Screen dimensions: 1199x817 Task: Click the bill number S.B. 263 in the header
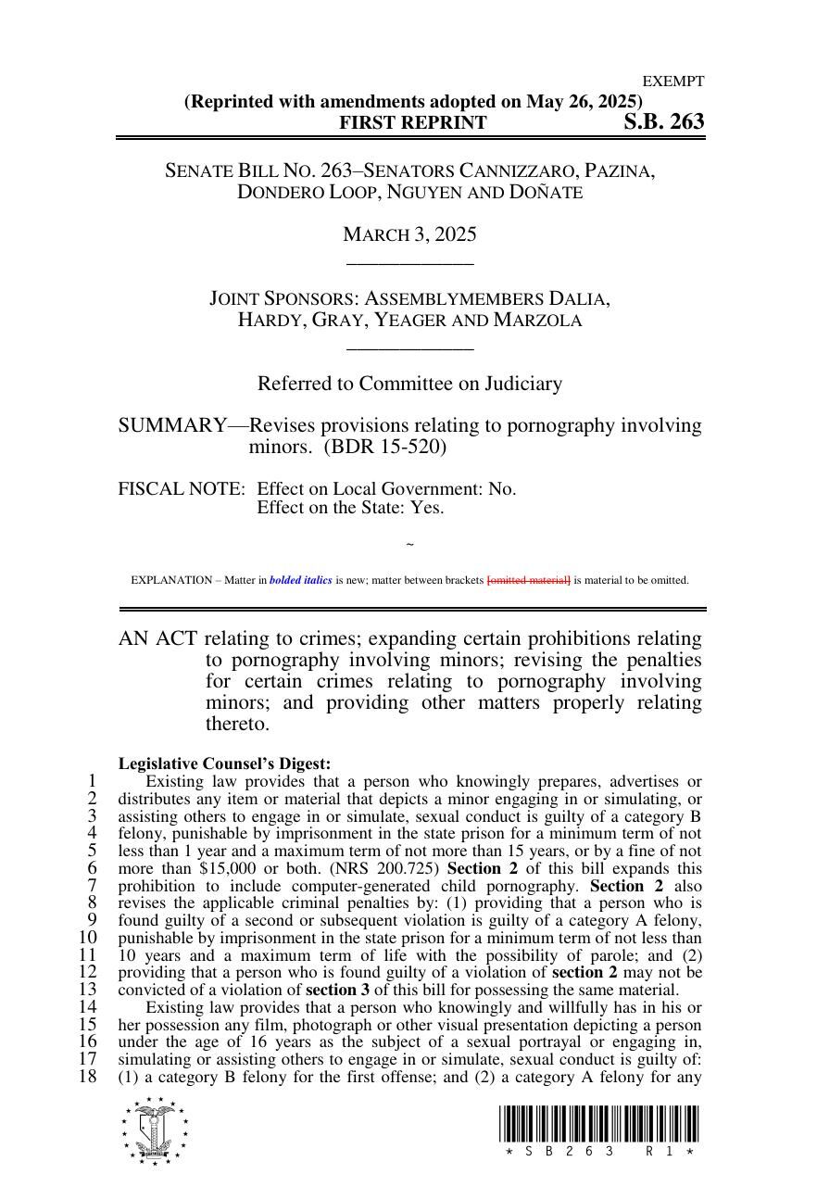coord(663,122)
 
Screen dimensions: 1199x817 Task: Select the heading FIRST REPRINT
coord(412,123)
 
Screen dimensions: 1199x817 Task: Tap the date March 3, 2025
coord(409,234)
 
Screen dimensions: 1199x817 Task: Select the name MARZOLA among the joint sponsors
coord(537,321)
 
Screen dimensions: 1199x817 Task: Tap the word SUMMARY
coord(171,426)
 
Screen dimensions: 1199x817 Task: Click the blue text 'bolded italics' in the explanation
coord(300,581)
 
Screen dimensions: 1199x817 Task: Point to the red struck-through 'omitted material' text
coord(528,581)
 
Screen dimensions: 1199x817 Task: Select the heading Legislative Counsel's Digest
coord(224,764)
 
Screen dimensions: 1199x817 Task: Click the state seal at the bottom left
coord(154,1130)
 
